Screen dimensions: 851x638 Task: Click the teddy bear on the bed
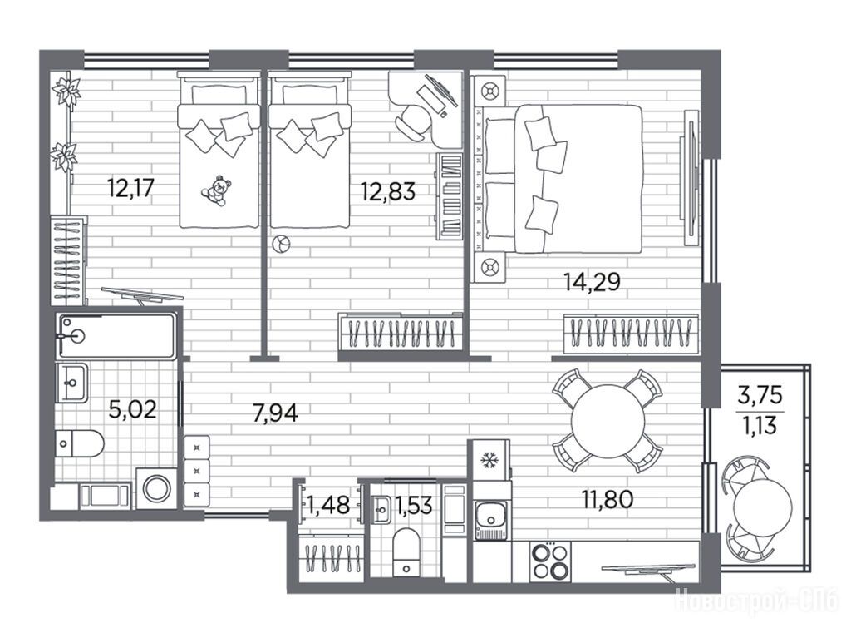(x=216, y=190)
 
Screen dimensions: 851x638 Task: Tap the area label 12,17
(x=131, y=189)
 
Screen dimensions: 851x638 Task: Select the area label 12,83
(x=389, y=191)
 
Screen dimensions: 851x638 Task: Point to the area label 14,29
(x=592, y=282)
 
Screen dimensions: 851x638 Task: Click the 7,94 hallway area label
(x=276, y=413)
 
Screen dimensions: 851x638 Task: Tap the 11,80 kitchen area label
(x=608, y=499)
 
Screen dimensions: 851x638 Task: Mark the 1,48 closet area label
(x=328, y=506)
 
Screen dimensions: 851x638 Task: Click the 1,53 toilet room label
(x=414, y=506)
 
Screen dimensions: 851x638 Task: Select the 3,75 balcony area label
(x=760, y=395)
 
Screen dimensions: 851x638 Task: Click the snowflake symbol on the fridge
(x=490, y=461)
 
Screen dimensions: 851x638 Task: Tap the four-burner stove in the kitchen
(x=550, y=562)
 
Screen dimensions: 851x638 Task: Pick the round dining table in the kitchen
(x=608, y=421)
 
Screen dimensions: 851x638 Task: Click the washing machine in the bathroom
(x=157, y=487)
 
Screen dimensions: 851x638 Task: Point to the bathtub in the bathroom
(x=117, y=335)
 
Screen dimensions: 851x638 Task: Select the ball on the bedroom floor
(x=281, y=244)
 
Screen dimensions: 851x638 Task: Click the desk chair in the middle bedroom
(x=413, y=120)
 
